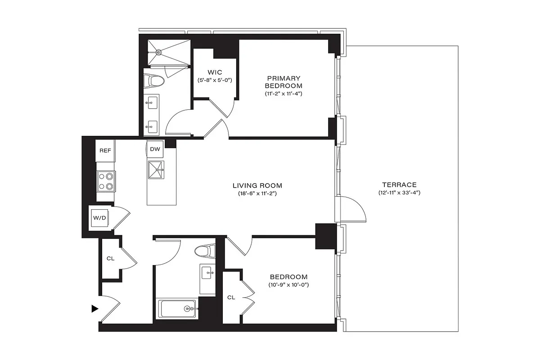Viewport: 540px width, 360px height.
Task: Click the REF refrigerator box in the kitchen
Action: tap(105, 150)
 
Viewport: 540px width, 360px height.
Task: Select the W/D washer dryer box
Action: tap(99, 218)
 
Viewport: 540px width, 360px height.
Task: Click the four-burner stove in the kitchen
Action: tap(106, 181)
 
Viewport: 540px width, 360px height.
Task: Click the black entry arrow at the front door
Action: tap(94, 309)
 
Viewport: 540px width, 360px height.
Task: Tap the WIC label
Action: tap(215, 72)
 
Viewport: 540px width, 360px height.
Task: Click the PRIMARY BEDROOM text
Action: tap(283, 82)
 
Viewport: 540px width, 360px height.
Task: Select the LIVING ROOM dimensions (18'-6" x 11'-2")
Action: tap(257, 193)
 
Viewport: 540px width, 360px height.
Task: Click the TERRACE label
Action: tap(399, 184)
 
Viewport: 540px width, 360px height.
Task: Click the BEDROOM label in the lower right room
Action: tap(288, 277)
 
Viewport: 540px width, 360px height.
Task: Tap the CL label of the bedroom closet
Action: tap(231, 297)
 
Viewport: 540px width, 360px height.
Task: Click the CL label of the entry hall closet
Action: tap(110, 259)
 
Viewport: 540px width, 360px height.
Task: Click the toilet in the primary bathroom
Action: tap(156, 81)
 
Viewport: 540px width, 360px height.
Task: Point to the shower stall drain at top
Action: tap(158, 52)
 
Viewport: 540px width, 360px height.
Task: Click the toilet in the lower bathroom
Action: tap(206, 251)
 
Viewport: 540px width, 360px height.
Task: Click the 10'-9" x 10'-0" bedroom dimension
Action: tap(288, 285)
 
